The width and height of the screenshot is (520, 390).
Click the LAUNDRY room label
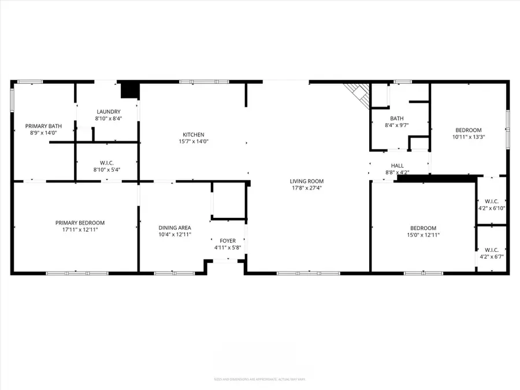pos(109,112)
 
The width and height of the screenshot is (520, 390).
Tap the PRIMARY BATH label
pos(43,126)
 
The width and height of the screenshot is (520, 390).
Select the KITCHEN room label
pos(194,135)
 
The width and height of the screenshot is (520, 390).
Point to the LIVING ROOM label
pos(307,181)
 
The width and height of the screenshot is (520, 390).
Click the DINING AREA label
pos(174,228)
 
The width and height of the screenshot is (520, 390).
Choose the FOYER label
pos(227,241)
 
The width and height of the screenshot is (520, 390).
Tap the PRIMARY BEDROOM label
pos(80,222)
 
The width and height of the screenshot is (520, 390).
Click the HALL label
pos(398,165)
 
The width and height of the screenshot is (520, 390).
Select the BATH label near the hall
pos(396,118)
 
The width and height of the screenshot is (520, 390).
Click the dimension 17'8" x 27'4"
pos(307,188)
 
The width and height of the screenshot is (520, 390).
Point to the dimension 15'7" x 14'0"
pos(194,142)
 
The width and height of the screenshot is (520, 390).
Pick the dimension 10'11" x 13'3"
pos(468,138)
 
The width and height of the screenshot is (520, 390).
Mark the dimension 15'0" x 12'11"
pos(424,235)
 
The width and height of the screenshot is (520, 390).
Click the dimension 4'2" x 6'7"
pos(492,256)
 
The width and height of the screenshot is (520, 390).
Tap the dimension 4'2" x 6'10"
pos(492,208)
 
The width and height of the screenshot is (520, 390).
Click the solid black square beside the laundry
pos(129,91)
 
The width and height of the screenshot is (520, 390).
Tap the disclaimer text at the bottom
pos(259,379)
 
